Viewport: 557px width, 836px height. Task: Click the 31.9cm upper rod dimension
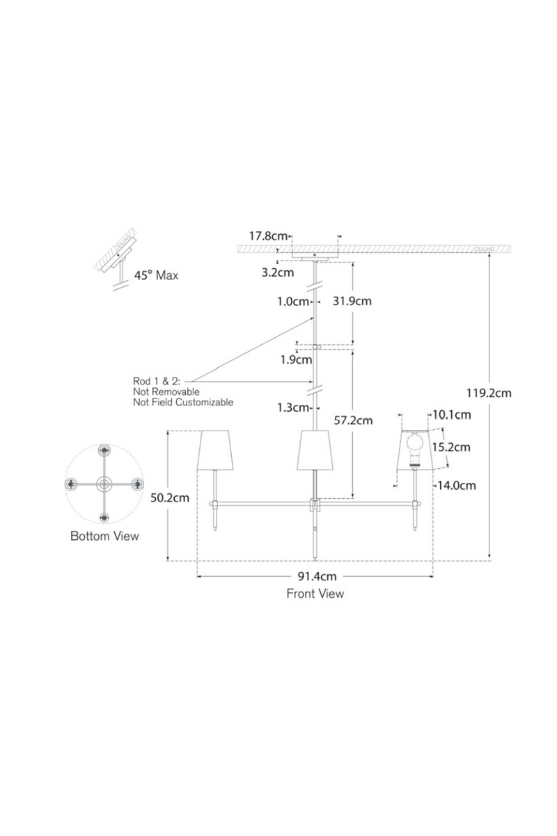click(x=352, y=301)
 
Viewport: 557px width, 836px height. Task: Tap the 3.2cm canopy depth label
click(x=277, y=272)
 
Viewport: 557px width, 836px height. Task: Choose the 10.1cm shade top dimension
click(x=452, y=415)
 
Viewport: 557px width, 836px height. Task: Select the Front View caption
click(x=315, y=594)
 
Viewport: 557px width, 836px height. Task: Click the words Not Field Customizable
click(x=183, y=402)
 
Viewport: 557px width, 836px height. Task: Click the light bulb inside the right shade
click(x=416, y=444)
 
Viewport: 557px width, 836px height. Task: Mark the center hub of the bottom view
click(x=104, y=483)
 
